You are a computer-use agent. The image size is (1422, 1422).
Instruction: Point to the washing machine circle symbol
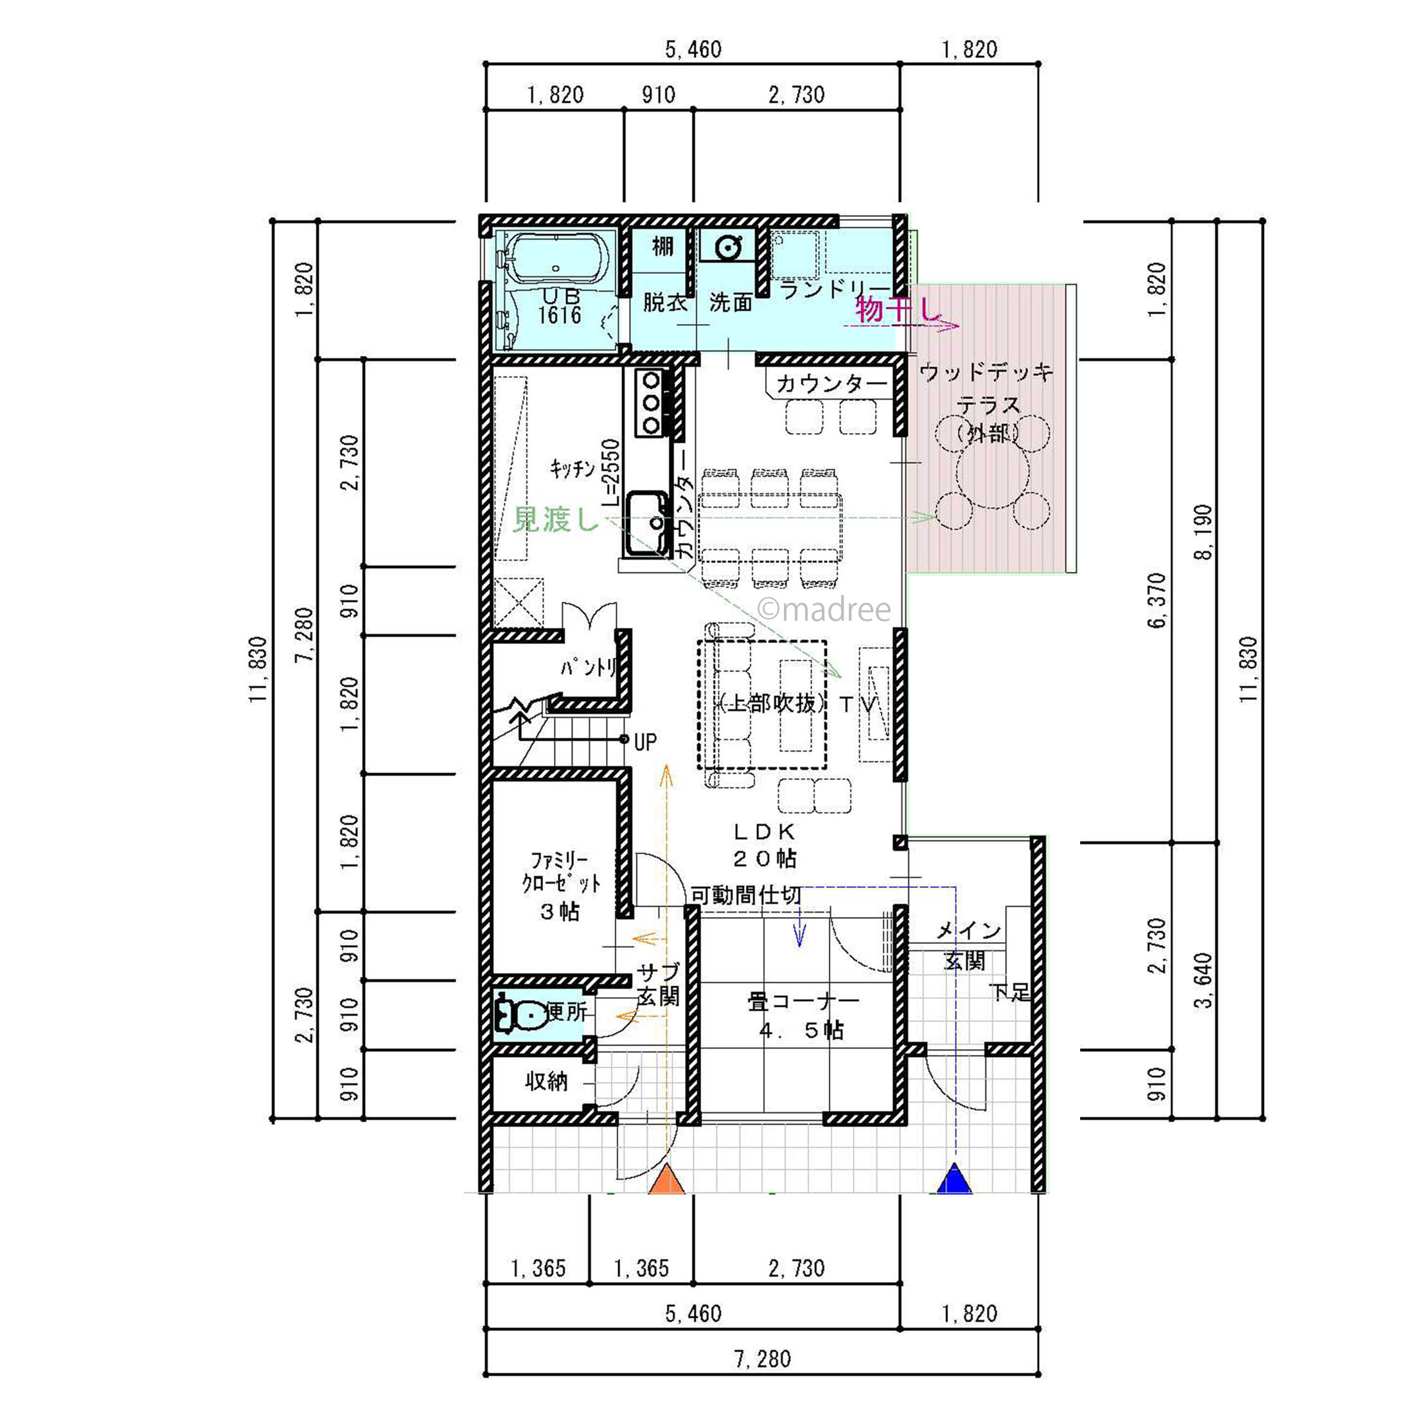coord(728,247)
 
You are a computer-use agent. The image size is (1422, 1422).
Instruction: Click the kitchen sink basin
coord(646,522)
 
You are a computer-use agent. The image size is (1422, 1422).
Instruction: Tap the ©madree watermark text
coord(824,609)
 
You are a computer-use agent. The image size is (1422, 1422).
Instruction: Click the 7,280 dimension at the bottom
coord(763,1358)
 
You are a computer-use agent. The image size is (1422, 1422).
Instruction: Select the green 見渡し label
coord(556,520)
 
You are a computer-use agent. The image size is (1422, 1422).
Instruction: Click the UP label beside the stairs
coord(644,742)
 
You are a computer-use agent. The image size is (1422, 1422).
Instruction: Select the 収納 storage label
coord(547,1081)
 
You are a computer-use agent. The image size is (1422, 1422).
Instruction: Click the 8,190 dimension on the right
coord(1202,532)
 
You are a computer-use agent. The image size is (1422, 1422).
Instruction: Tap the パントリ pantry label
coord(589,668)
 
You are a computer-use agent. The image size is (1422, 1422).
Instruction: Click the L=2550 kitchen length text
coord(612,472)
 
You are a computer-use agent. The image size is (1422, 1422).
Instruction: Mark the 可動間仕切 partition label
coord(745,895)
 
